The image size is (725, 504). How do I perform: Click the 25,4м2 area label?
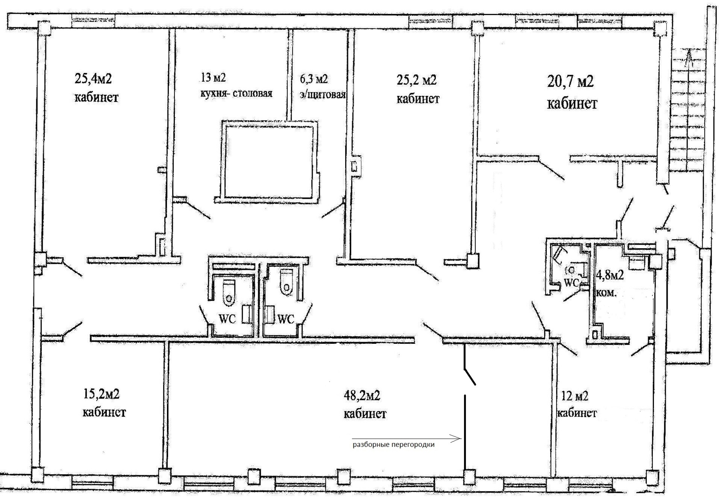(x=93, y=79)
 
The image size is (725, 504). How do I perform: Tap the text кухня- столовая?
(x=236, y=93)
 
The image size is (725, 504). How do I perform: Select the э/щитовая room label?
(x=323, y=94)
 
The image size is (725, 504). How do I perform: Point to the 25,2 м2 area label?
(x=416, y=80)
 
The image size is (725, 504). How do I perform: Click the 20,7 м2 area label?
(x=570, y=81)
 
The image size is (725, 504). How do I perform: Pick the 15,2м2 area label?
(x=101, y=394)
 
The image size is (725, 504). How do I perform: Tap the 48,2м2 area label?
(x=362, y=396)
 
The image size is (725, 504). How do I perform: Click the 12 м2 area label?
(x=575, y=396)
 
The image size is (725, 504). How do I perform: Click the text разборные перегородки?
(x=393, y=445)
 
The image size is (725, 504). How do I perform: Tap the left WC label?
(x=227, y=319)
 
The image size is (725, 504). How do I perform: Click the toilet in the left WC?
(x=229, y=292)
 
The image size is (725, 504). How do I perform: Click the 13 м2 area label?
(x=213, y=77)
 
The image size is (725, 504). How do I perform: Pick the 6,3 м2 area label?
(x=314, y=79)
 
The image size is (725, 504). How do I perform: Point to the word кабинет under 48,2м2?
(x=365, y=414)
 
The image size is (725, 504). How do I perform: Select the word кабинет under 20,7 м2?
(x=572, y=103)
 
